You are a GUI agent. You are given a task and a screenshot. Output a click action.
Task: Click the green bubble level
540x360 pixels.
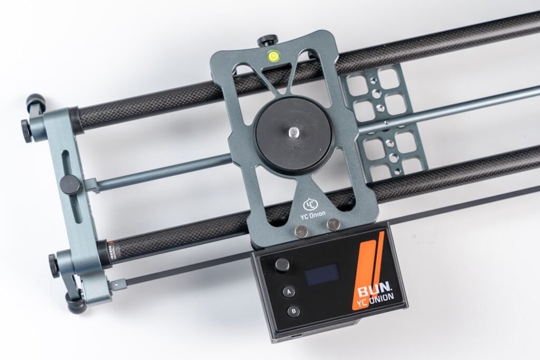273,55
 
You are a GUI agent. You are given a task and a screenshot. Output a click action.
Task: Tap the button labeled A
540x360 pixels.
288,292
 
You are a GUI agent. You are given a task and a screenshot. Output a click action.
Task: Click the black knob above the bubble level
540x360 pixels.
267,39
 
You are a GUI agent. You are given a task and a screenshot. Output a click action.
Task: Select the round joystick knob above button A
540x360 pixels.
283,265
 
